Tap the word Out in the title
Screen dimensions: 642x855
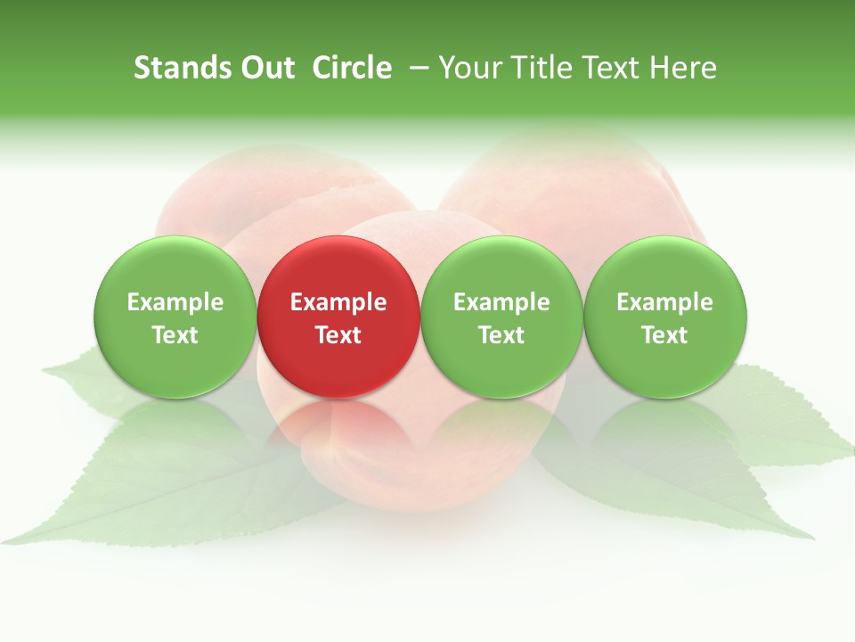pos(266,68)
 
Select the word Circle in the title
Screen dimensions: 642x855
pos(352,68)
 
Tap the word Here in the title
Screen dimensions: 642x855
pos(683,68)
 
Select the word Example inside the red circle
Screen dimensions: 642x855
pos(338,302)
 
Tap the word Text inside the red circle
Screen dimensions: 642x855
pos(338,335)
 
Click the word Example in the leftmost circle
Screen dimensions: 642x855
pos(175,302)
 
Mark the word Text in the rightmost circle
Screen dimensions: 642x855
pos(665,335)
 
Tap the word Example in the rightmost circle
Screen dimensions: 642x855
pos(665,302)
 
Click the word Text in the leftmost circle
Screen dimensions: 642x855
pos(175,335)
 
